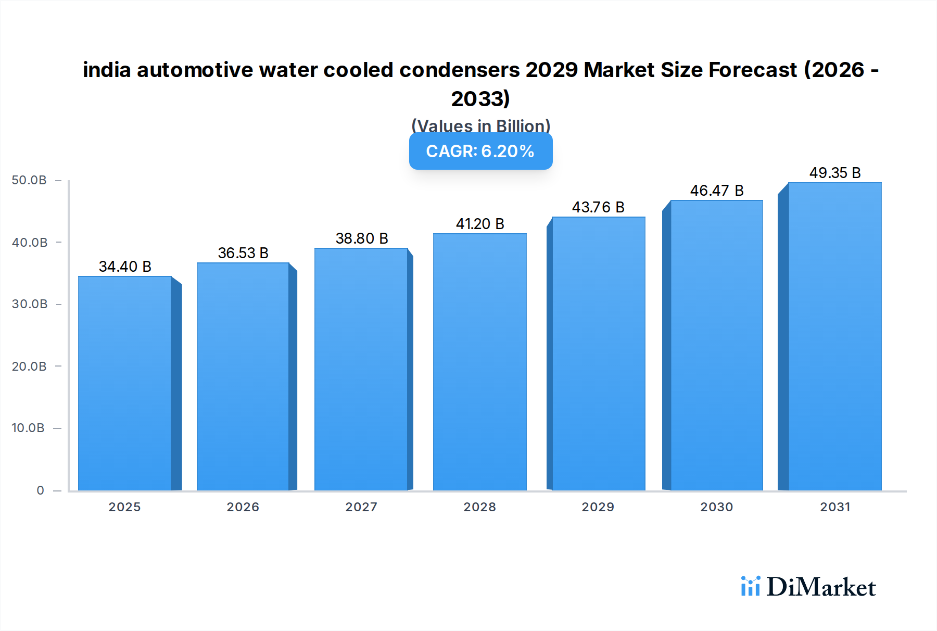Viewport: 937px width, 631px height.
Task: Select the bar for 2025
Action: pyautogui.click(x=125, y=383)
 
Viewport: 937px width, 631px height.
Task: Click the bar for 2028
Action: pyautogui.click(x=479, y=362)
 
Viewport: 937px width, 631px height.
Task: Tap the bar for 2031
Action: pyautogui.click(x=834, y=336)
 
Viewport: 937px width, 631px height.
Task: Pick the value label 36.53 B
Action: pyautogui.click(x=243, y=253)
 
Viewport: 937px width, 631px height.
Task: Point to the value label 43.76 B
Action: pyautogui.click(x=598, y=207)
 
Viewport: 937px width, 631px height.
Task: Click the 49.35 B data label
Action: pyautogui.click(x=834, y=173)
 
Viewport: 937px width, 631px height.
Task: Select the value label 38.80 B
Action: pyautogui.click(x=362, y=238)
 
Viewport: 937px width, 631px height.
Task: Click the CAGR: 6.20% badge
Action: pyautogui.click(x=480, y=151)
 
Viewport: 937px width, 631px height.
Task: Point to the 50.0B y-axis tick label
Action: pyautogui.click(x=29, y=180)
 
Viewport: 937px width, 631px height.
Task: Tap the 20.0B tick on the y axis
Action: pyautogui.click(x=29, y=367)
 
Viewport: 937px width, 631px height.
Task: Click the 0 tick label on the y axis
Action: pyautogui.click(x=40, y=490)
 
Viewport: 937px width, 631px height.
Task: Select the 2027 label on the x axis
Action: pyautogui.click(x=361, y=507)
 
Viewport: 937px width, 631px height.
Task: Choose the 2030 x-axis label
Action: pyautogui.click(x=716, y=507)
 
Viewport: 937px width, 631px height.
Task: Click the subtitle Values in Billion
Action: pyautogui.click(x=480, y=125)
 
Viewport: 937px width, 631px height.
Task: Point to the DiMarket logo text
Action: pyautogui.click(x=821, y=587)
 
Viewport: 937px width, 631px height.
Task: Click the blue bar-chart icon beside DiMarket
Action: pyautogui.click(x=750, y=586)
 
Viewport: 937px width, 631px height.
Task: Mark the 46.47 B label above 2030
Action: pyautogui.click(x=716, y=191)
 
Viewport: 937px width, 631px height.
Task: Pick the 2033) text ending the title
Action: pyautogui.click(x=480, y=98)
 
